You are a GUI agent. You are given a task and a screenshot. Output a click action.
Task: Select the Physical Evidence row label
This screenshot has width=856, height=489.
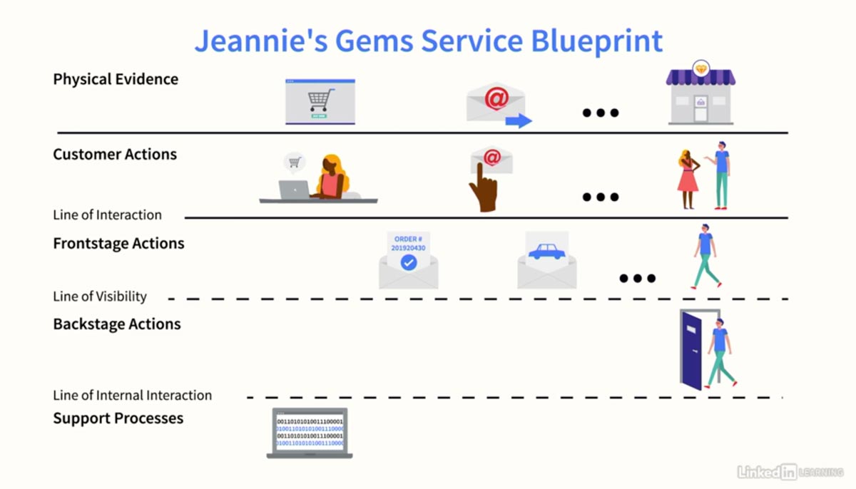116,79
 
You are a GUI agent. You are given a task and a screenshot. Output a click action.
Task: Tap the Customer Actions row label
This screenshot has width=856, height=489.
115,155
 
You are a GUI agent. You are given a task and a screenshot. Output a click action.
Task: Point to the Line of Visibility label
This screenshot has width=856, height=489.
100,297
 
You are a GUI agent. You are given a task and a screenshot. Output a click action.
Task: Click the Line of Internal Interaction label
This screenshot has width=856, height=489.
133,395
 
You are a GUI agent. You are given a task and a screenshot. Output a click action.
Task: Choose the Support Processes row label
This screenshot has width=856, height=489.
118,418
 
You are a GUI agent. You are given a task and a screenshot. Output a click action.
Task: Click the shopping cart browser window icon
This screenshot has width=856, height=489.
320,102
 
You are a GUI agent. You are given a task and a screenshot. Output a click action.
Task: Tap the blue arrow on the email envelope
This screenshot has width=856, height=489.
519,120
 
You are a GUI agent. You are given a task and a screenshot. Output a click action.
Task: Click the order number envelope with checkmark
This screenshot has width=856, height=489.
408,261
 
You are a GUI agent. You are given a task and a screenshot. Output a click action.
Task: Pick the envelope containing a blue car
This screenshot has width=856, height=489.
546,259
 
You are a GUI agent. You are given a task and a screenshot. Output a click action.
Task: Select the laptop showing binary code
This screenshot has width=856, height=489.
310,433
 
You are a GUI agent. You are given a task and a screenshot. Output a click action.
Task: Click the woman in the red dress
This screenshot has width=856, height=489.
688,179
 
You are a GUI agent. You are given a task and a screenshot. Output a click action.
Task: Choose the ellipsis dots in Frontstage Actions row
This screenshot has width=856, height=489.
637,278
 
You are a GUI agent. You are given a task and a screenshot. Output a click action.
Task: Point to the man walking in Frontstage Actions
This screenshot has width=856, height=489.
705,256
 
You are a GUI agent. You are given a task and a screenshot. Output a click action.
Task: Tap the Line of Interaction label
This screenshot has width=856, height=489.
107,215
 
